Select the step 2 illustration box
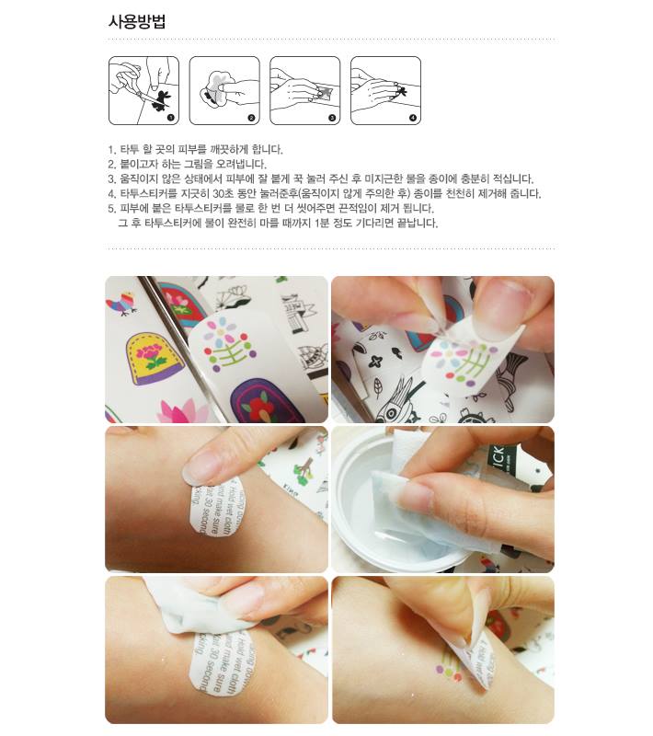pos(224,90)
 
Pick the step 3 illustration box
pos(304,90)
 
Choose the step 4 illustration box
pos(385,90)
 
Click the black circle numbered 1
pos(171,118)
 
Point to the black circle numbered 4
pos(413,118)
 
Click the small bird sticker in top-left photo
pos(122,302)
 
